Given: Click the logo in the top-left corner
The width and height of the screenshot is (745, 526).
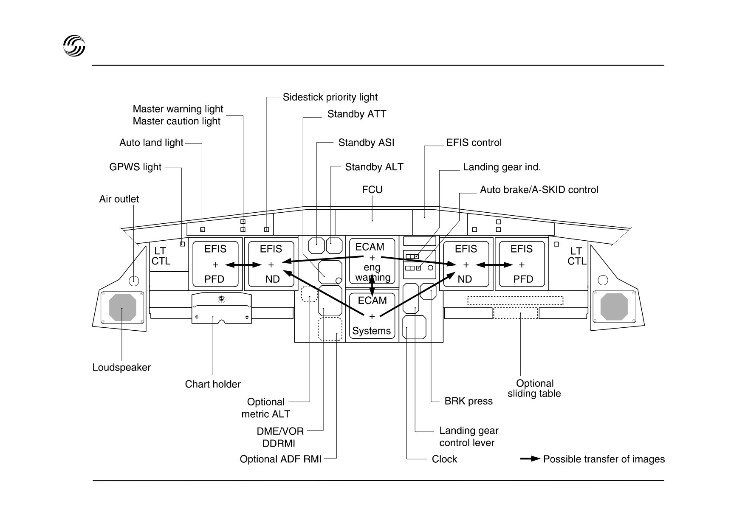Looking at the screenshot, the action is pyautogui.click(x=74, y=45).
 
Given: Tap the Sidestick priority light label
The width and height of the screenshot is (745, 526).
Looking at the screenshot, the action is pyautogui.click(x=330, y=97).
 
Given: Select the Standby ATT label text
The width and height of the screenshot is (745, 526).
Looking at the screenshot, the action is pyautogui.click(x=357, y=114).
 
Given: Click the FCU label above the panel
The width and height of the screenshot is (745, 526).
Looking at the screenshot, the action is pyautogui.click(x=372, y=190).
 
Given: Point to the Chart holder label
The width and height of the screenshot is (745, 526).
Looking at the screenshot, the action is pyautogui.click(x=213, y=384).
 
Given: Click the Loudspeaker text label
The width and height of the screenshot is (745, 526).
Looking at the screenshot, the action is pyautogui.click(x=121, y=367).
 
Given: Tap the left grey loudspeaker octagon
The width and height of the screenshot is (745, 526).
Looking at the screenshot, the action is pyautogui.click(x=123, y=307).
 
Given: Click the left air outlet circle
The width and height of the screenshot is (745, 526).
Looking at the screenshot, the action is pyautogui.click(x=134, y=281).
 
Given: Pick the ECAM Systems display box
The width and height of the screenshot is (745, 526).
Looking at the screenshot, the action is pyautogui.click(x=372, y=316).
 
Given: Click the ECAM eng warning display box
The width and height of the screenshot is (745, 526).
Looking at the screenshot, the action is pyautogui.click(x=372, y=262).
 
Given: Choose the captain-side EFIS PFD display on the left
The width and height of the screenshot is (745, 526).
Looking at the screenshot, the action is pyautogui.click(x=215, y=264).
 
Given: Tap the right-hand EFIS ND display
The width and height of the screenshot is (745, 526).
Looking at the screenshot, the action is pyautogui.click(x=466, y=264).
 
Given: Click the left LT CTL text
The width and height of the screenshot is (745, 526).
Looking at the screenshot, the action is pyautogui.click(x=161, y=256).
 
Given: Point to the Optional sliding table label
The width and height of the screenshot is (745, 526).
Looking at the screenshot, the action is pyautogui.click(x=534, y=388).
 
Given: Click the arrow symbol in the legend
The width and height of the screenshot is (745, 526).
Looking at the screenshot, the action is pyautogui.click(x=530, y=459).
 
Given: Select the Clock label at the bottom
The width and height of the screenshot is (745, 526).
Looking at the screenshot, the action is pyautogui.click(x=444, y=459).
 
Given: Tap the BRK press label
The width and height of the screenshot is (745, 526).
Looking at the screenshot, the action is pyautogui.click(x=468, y=401).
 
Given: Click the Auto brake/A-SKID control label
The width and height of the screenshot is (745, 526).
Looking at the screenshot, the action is pyautogui.click(x=539, y=190).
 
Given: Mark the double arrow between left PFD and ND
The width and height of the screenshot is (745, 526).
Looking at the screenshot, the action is pyautogui.click(x=243, y=265).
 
